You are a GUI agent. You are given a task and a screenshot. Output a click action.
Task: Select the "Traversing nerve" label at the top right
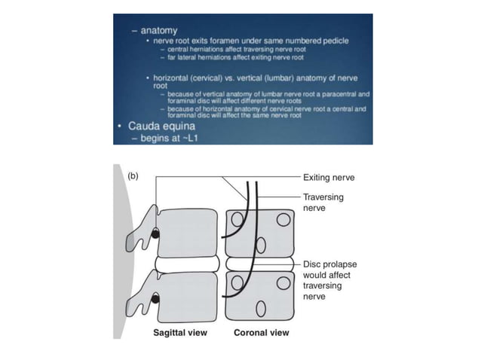coord(324,201)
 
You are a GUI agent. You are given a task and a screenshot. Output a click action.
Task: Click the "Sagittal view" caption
coord(179,332)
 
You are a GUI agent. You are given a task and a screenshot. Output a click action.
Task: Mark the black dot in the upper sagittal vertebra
coord(156,234)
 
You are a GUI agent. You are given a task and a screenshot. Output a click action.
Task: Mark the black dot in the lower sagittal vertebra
coord(156,301)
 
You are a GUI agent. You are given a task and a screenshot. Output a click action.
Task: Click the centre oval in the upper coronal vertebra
coord(262,243)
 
